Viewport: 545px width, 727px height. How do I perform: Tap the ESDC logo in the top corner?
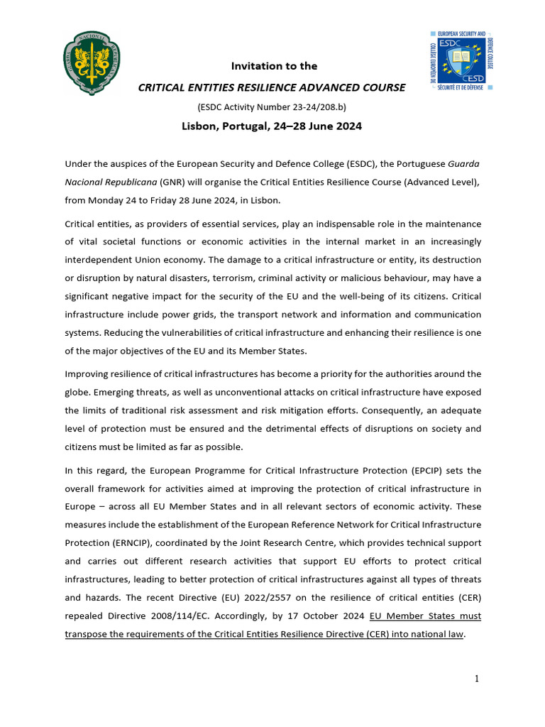461,60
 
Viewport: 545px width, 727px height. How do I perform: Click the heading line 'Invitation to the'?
274,66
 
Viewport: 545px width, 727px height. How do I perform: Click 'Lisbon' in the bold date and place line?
199,126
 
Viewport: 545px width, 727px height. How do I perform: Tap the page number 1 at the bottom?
477,679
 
